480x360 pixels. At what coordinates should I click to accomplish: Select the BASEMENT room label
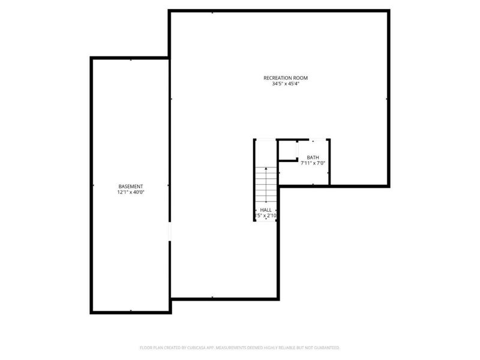pyautogui.click(x=130, y=186)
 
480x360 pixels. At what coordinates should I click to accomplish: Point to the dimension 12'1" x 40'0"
pyautogui.click(x=130, y=193)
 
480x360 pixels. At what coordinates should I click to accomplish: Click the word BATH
pyautogui.click(x=313, y=158)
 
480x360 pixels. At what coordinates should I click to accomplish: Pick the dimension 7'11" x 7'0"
pyautogui.click(x=313, y=164)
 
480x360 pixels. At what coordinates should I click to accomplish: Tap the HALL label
pyautogui.click(x=266, y=210)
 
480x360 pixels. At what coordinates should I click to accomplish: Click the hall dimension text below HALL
pyautogui.click(x=266, y=215)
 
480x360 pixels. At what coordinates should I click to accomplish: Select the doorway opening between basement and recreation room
pyautogui.click(x=170, y=232)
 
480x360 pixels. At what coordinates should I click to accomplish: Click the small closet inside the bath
pyautogui.click(x=289, y=151)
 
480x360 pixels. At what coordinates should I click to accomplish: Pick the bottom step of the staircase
pyautogui.click(x=266, y=201)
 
